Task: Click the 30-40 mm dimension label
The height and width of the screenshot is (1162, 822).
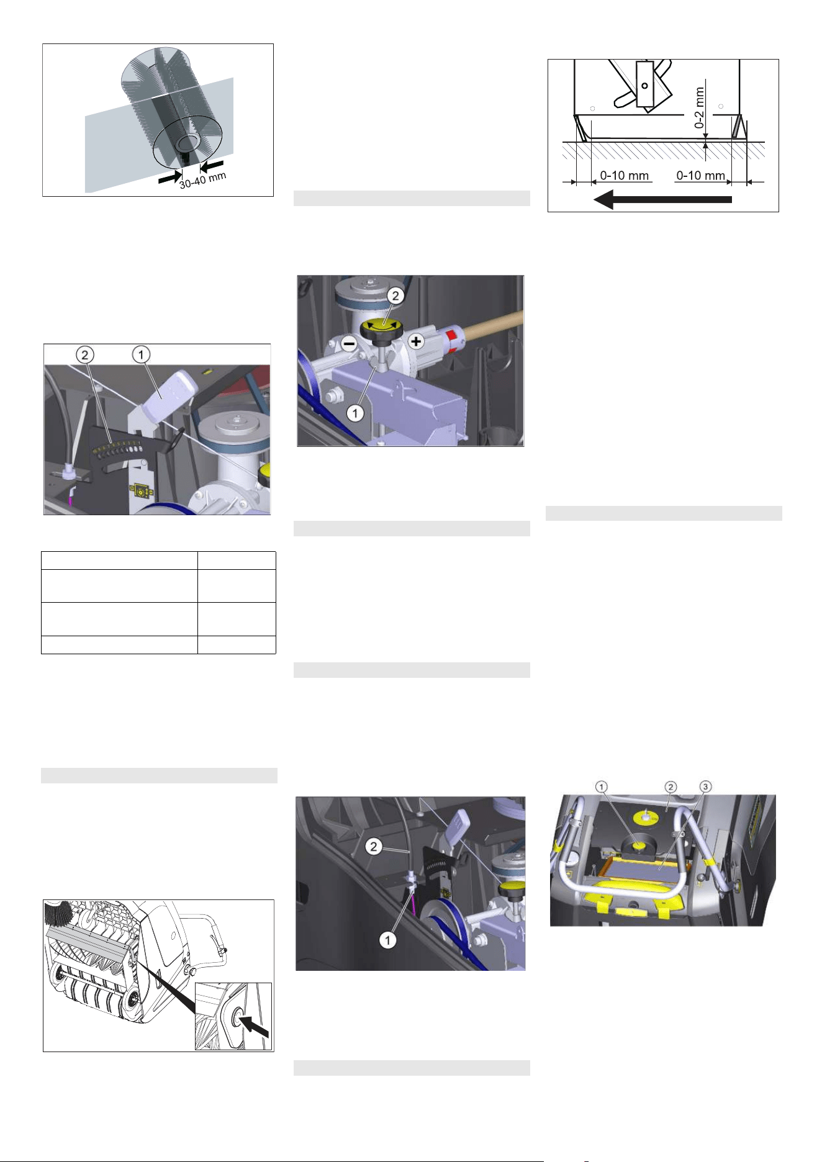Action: coord(203,180)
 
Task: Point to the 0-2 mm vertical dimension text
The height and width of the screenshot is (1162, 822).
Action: coord(700,107)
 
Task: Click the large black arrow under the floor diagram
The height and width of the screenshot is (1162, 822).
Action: coord(663,200)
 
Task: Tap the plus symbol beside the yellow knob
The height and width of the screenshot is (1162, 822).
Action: coord(416,341)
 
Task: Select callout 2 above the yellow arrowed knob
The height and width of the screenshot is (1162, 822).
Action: coord(395,295)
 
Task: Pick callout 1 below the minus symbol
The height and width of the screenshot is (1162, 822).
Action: coord(355,413)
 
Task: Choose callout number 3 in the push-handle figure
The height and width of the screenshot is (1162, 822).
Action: coord(705,786)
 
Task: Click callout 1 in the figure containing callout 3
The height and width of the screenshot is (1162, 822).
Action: coord(602,786)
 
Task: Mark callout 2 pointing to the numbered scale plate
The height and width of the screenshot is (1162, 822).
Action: coord(85,355)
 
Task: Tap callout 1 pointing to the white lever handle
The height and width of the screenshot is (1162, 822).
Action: coord(142,354)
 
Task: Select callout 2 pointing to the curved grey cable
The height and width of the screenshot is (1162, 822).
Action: coord(373,846)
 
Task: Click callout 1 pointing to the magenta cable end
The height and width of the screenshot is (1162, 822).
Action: coord(388,940)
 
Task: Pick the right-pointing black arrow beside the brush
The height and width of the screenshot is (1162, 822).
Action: coord(169,178)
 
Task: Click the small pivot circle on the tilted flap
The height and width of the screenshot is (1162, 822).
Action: coord(645,86)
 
